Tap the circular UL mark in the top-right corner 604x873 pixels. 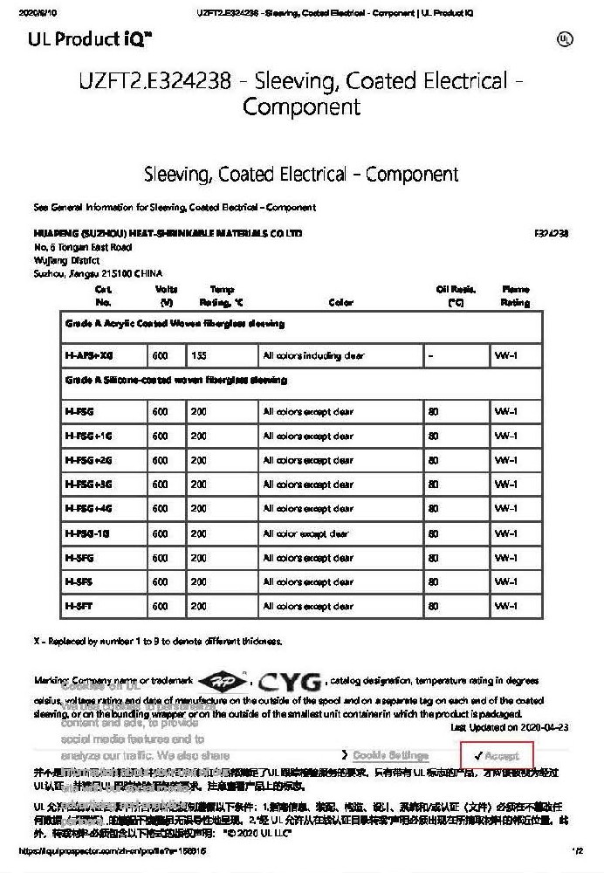565,39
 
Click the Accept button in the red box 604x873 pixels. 498,756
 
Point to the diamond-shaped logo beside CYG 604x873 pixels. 223,681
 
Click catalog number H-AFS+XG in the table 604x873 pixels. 89,356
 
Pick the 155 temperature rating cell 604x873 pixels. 199,356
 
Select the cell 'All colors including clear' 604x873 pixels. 314,356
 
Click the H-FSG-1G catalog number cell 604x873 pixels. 86,533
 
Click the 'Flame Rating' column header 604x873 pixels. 515,296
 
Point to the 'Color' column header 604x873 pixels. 341,303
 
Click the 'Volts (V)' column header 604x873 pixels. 166,296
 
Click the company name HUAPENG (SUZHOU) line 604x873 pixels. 168,234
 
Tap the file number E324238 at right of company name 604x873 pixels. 551,234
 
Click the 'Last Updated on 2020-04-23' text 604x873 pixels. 510,727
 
